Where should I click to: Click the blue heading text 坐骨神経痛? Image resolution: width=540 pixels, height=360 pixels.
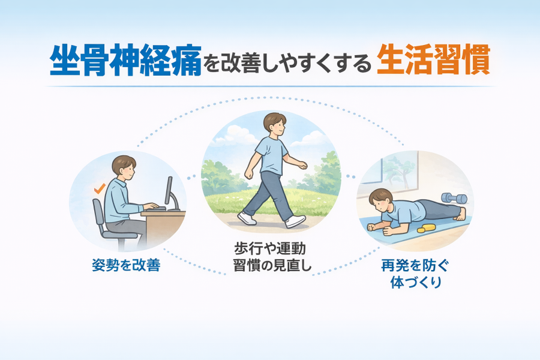coord(126,59)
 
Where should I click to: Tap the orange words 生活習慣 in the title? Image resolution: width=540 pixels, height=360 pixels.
coord(433,59)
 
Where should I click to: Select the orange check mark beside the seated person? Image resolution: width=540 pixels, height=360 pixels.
coord(100,189)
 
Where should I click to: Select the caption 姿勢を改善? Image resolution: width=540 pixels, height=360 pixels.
coord(126,265)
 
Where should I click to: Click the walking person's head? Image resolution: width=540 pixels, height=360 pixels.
coord(275,125)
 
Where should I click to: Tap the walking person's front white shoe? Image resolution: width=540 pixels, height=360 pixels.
coord(295,221)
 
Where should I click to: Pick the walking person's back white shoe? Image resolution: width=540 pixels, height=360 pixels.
coord(247,218)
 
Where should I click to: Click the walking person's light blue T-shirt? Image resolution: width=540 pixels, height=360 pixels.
coord(271,155)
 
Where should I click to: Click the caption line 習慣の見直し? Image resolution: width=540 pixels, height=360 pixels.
coord(272,265)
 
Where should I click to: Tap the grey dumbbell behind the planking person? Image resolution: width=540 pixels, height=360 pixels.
coord(454,198)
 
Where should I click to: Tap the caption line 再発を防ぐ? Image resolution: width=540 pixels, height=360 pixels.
coord(415,266)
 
